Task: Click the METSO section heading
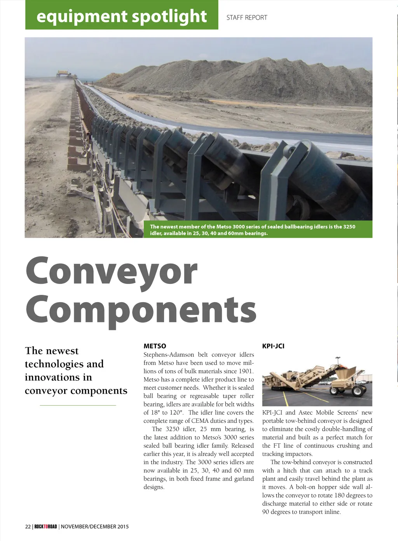(155, 346)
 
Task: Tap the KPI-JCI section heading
(273, 346)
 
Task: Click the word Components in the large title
(141, 310)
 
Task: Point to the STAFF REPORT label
(247, 18)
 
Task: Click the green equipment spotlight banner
(122, 16)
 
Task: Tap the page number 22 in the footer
(28, 527)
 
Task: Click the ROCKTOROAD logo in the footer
(45, 527)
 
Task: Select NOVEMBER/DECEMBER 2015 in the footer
(95, 527)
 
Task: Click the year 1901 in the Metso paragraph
(246, 371)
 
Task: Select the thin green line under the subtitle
(78, 405)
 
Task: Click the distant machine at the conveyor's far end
(63, 73)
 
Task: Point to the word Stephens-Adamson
(169, 355)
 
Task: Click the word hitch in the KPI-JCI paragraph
(290, 471)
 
